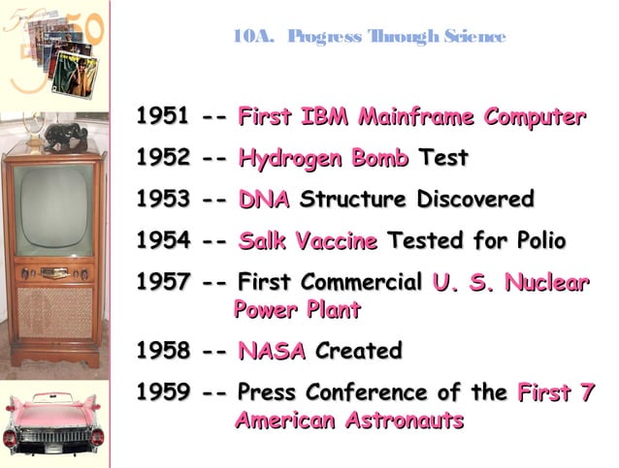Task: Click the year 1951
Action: (162, 118)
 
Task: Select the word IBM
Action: (327, 118)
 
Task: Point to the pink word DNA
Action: (264, 201)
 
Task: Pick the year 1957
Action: (162, 283)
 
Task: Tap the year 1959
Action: (162, 393)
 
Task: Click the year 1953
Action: (162, 201)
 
